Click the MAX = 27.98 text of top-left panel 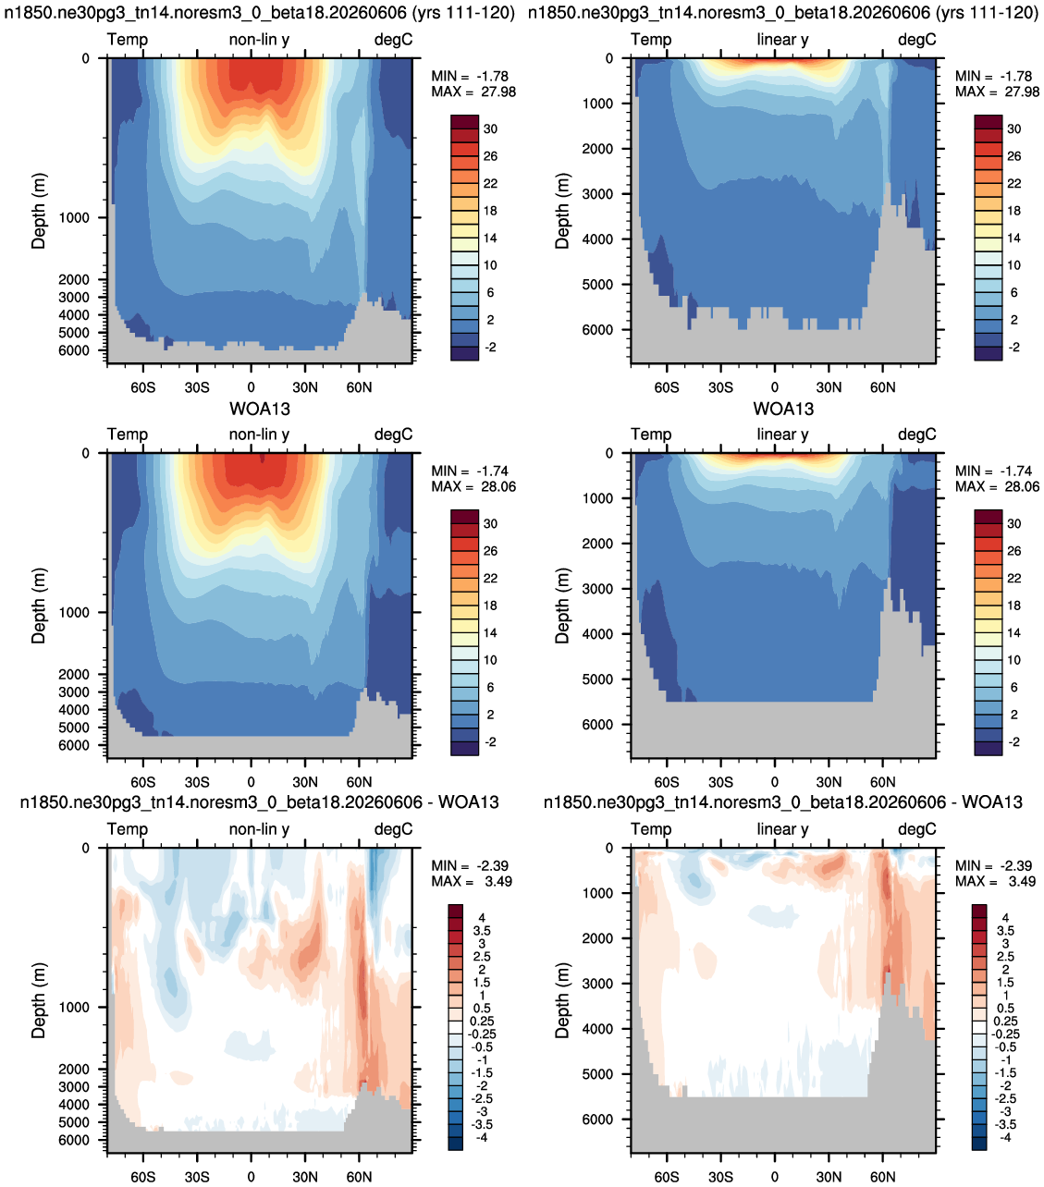(x=473, y=92)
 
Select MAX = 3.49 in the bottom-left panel (x=472, y=882)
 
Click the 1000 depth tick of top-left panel (x=74, y=218)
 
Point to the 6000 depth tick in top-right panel (x=597, y=330)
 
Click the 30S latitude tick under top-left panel (x=197, y=387)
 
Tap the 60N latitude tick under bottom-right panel (x=883, y=1177)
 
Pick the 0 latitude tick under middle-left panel (x=251, y=782)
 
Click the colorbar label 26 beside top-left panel (x=490, y=156)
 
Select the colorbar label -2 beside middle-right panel (x=1014, y=742)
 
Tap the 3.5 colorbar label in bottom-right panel (x=1005, y=931)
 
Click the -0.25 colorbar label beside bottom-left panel (x=481, y=1034)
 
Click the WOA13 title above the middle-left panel (x=260, y=409)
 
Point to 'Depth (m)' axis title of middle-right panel (x=562, y=606)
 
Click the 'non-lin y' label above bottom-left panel (x=259, y=829)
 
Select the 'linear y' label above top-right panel (x=782, y=39)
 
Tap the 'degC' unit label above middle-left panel (x=393, y=434)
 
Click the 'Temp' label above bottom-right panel (x=651, y=829)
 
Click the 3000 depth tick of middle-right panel (x=597, y=589)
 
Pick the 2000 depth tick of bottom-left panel (x=74, y=1070)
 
